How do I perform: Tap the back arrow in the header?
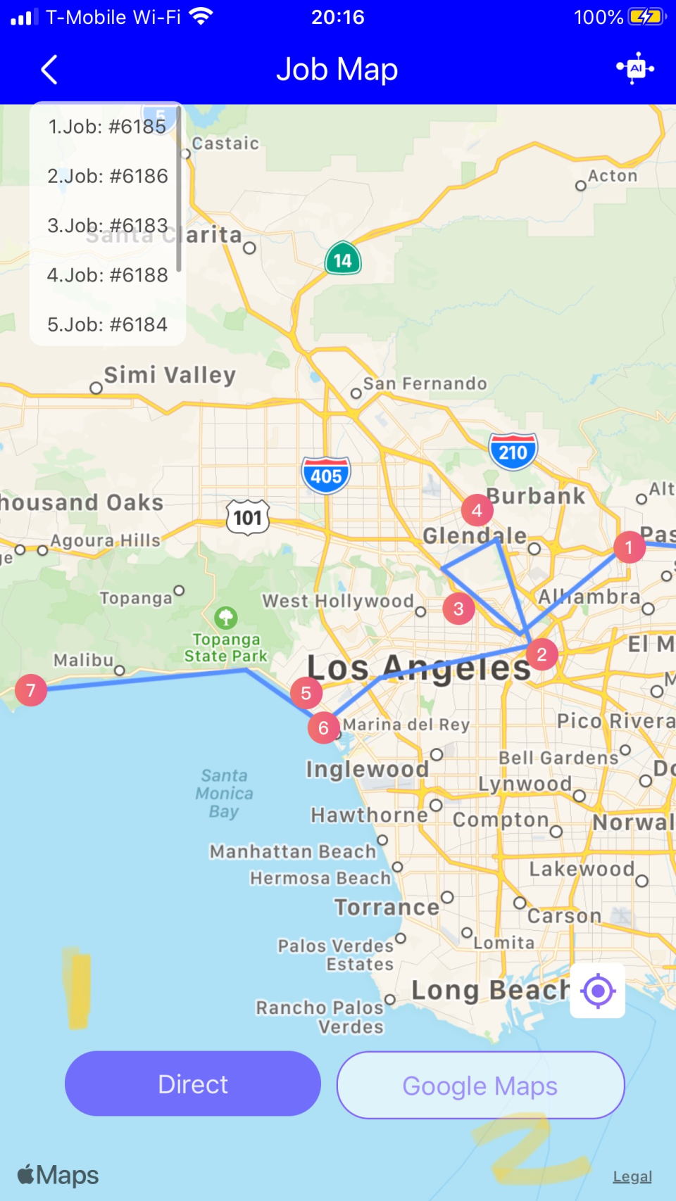[x=49, y=70]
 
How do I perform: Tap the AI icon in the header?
[x=635, y=68]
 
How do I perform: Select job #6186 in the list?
[x=108, y=176]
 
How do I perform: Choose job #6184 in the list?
[x=108, y=324]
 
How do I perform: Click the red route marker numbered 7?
[x=31, y=690]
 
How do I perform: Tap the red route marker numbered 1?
[x=629, y=547]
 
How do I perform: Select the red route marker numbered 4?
[x=477, y=510]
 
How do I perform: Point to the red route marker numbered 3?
[x=458, y=609]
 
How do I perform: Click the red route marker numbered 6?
[x=323, y=727]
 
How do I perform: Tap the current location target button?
[x=598, y=991]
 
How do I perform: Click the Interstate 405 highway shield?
[x=326, y=476]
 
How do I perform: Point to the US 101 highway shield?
[x=248, y=518]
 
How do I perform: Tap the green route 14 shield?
[x=343, y=260]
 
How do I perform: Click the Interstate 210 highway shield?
[x=513, y=452]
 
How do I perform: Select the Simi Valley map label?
[x=170, y=375]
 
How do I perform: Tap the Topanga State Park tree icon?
[x=226, y=618]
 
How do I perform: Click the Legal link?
[x=632, y=1176]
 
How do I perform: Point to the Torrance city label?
[x=387, y=908]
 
